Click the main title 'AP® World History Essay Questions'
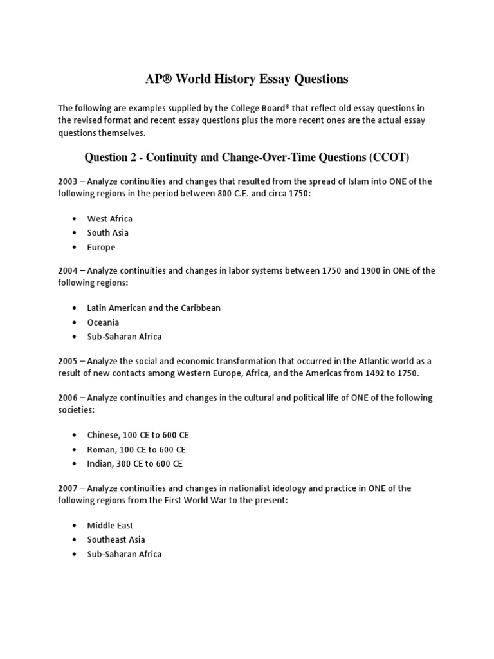[246, 79]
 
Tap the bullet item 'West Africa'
[110, 219]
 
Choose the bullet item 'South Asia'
[107, 233]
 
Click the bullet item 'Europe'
[102, 247]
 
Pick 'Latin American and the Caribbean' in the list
[154, 308]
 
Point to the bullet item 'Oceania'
[103, 322]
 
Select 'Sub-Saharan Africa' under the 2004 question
[124, 337]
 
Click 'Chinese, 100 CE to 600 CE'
[137, 435]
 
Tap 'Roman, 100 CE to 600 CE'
[136, 449]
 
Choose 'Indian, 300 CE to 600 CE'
[135, 463]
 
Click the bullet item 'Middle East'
[110, 525]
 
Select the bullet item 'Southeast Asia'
[116, 539]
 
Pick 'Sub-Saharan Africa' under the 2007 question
[124, 554]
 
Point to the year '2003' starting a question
[68, 181]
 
